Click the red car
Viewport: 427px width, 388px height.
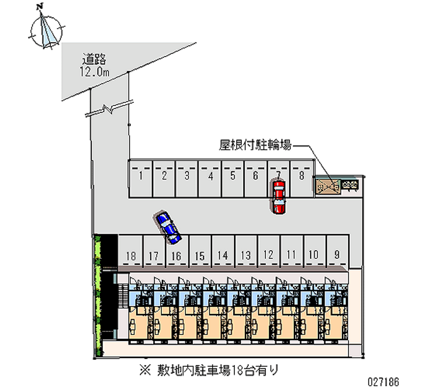278,197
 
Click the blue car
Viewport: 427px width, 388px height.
168,227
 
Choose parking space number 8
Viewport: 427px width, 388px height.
302,177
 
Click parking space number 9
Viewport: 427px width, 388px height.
336,255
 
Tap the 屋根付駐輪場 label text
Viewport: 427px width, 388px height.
255,144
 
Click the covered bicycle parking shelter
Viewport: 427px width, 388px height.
327,186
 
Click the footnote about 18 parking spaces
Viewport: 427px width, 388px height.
211,369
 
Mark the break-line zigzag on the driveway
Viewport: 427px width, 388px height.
110,110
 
